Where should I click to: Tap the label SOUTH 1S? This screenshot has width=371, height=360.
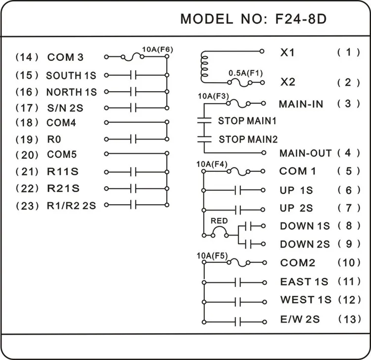click(x=71, y=76)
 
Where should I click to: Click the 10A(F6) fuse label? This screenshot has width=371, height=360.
click(x=157, y=49)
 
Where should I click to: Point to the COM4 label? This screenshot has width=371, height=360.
click(x=61, y=122)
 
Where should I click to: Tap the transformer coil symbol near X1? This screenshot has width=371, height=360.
click(x=202, y=66)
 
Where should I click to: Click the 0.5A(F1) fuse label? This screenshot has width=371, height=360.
click(x=245, y=73)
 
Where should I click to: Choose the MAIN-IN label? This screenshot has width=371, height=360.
click(x=301, y=104)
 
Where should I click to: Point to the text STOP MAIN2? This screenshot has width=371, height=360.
click(x=248, y=139)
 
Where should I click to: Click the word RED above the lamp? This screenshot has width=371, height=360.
click(x=219, y=220)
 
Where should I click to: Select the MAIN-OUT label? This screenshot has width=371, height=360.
click(x=305, y=153)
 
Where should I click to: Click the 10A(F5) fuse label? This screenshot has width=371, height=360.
click(x=212, y=256)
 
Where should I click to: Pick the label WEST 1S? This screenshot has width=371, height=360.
click(x=304, y=300)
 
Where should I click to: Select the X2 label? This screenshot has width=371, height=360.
click(x=287, y=82)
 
